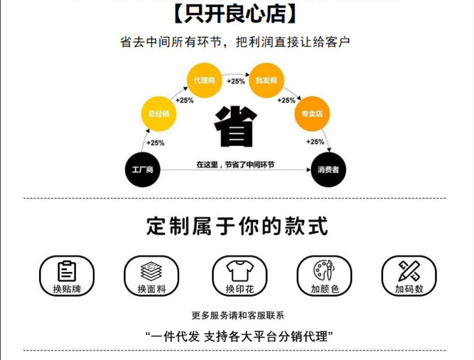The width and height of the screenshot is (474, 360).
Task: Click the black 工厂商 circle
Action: point(143,170)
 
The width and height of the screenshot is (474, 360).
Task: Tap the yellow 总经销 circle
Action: point(159,114)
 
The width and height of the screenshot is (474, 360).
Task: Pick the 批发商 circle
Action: point(266,81)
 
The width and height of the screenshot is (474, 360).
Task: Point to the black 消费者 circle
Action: point(328,170)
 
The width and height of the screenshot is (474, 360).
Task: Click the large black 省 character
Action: point(236,127)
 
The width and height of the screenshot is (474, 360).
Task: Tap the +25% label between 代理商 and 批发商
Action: point(235,81)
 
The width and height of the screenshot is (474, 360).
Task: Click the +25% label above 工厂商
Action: point(155,143)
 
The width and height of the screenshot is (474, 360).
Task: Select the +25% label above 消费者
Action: point(315,142)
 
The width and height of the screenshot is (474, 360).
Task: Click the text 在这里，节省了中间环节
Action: point(236,164)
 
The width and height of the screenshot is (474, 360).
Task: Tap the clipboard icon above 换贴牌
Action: point(67,271)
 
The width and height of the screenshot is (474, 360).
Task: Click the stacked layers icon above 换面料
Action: point(151,271)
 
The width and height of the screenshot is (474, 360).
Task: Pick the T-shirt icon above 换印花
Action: point(237,271)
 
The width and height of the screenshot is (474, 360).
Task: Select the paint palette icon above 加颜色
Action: point(322,271)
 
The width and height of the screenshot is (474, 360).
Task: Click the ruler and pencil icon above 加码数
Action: point(408,271)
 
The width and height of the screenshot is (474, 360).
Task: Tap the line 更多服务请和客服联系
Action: point(237,316)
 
